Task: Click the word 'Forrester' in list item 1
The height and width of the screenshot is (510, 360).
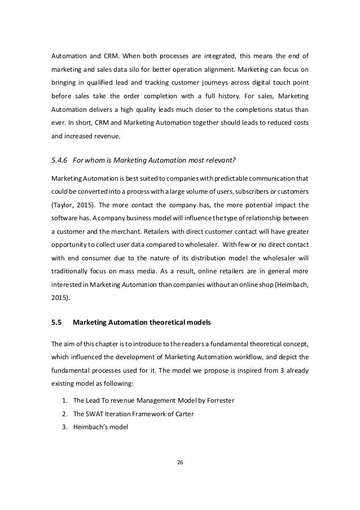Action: pos(217,400)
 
